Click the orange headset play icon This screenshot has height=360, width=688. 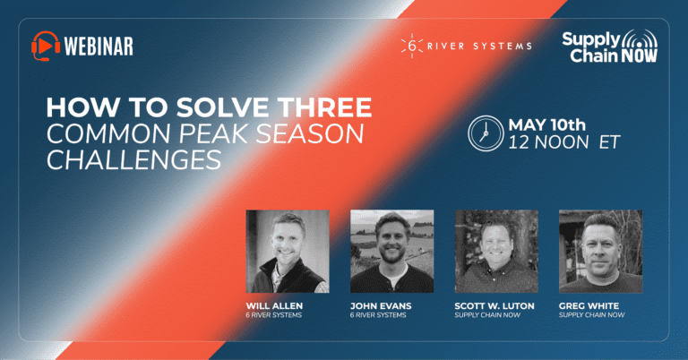pos(46,46)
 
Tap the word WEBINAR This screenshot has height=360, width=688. pos(99,46)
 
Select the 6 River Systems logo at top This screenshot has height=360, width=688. pos(467,46)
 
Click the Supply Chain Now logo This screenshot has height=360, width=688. pos(610,46)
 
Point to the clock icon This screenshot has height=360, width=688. pos(486,133)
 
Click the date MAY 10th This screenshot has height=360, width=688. pos(546,125)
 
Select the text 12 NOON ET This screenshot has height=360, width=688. pos(563,142)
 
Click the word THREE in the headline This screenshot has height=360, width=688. pos(325,107)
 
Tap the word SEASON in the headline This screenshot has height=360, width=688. pos(310,133)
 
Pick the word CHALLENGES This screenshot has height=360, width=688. pos(133,159)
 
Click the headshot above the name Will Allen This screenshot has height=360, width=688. pos(288,252)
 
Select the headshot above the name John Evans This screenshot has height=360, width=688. pos(391,252)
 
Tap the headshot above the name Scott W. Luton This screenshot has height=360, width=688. pos(496,252)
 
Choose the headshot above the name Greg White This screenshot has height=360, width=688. pos(601,252)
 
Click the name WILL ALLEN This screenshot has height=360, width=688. pos(274,305)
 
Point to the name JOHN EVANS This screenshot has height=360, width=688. pos(381,305)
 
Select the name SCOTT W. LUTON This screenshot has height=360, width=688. pos(494,305)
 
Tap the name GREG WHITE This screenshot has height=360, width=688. pos(589,305)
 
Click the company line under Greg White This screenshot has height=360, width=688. pos(592,315)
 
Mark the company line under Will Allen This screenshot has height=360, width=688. pos(274,315)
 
